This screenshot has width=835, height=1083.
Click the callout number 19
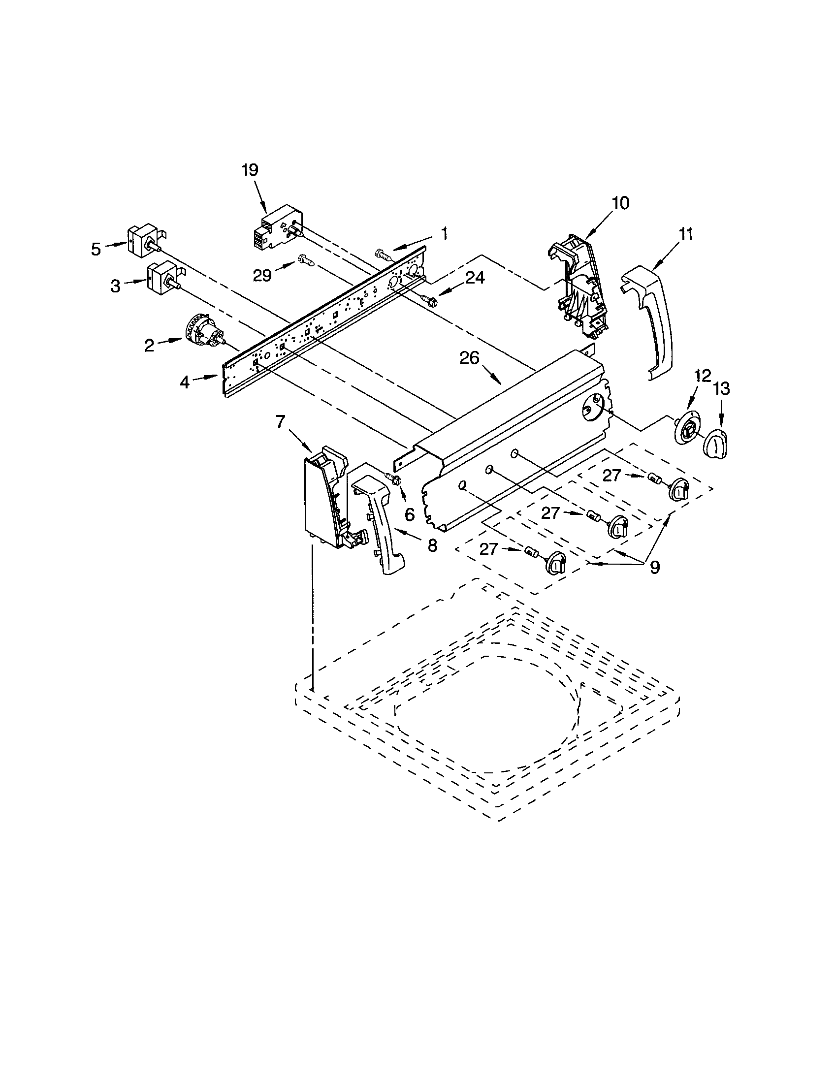point(250,170)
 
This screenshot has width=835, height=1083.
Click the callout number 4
point(185,382)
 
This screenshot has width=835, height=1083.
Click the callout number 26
point(469,358)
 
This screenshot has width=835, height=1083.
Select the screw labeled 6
point(394,479)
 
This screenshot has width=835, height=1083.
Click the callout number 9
point(654,567)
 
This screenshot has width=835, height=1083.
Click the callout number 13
point(721,389)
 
